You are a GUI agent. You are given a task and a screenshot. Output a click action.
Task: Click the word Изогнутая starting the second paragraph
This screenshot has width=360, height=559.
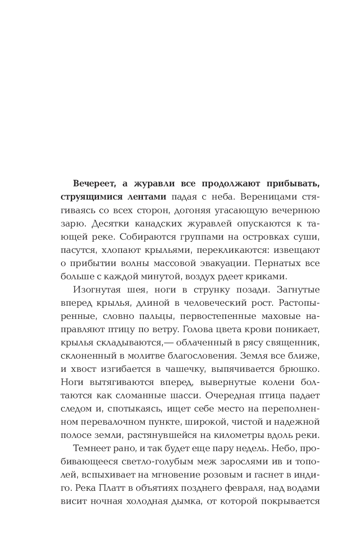[94, 290]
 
